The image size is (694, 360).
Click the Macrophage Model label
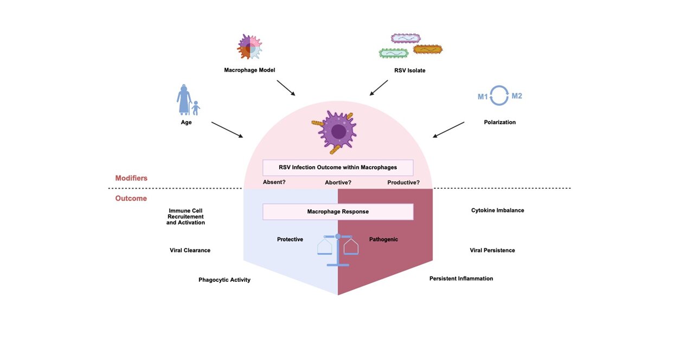tap(250, 70)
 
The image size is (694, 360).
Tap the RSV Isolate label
tap(410, 70)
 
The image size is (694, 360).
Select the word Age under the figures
tap(187, 123)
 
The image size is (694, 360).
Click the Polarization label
tap(500, 123)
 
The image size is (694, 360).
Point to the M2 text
tap(517, 96)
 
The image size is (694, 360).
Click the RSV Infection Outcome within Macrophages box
tap(338, 168)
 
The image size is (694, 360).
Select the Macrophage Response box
tap(338, 211)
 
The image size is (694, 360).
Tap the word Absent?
tap(274, 182)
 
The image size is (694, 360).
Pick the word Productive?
tap(403, 182)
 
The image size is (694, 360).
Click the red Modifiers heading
tap(131, 178)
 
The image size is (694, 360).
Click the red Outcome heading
tap(131, 198)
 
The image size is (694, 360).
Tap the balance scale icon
tap(338, 249)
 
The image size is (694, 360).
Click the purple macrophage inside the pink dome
tap(338, 131)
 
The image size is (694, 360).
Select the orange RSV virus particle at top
tap(428, 49)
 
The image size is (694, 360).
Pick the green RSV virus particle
tap(394, 53)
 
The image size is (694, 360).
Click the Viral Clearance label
tap(190, 250)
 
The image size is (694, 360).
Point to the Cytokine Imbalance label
tap(498, 210)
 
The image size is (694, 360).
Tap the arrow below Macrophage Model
tap(286, 88)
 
